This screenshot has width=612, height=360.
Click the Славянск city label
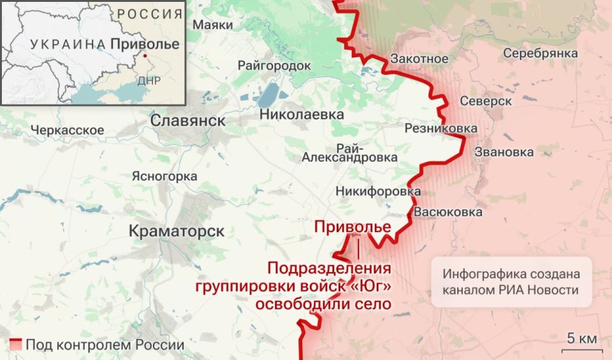[187, 120]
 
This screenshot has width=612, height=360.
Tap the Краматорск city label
[177, 231]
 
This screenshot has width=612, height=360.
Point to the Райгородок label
[274, 66]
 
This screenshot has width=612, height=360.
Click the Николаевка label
[302, 115]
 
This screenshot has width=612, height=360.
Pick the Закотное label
[419, 59]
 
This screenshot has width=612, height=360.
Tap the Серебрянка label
[541, 54]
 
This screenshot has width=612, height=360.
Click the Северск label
[486, 101]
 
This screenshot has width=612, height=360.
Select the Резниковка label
[441, 129]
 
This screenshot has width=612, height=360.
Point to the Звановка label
[504, 152]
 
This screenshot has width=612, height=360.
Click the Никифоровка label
[378, 191]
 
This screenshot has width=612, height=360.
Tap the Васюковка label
[448, 212]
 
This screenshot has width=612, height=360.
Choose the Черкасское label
[67, 130]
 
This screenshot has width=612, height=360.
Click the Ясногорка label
[164, 176]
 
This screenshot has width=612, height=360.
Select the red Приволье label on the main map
[353, 227]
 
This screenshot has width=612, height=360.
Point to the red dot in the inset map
[145, 56]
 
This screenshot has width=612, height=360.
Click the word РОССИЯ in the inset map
[149, 14]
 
